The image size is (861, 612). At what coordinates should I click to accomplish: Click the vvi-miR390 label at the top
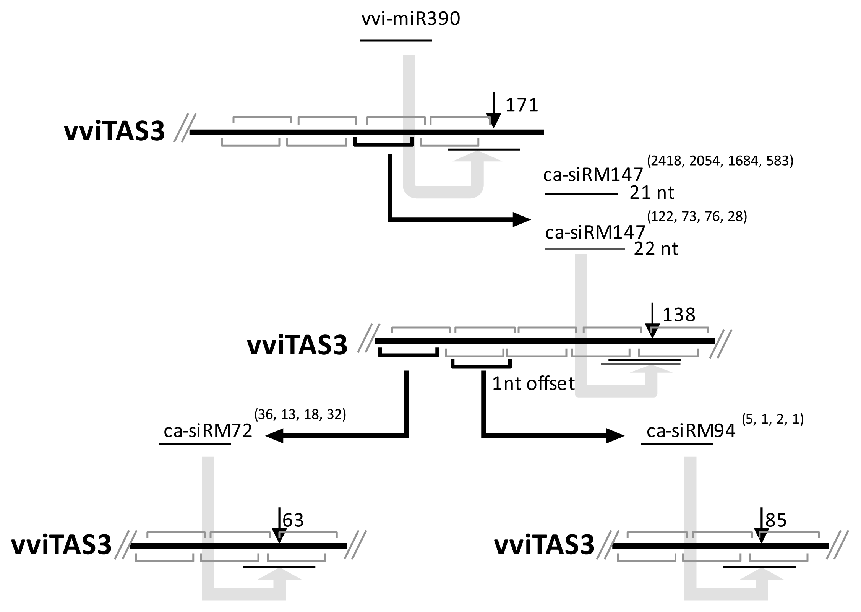[411, 19]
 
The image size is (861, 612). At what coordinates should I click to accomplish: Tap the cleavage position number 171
[522, 105]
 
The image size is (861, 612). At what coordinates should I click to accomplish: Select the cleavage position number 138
[679, 315]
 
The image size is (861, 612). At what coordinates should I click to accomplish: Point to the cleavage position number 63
[293, 520]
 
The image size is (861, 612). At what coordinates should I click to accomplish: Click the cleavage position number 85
[776, 520]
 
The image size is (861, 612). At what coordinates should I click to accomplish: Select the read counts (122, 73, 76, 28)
[697, 217]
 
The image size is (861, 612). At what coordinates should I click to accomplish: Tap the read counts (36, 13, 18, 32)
[300, 414]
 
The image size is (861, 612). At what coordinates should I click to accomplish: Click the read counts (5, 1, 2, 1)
[773, 419]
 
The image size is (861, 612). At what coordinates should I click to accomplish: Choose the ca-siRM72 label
[208, 431]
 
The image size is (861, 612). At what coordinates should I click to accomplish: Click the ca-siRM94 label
[691, 431]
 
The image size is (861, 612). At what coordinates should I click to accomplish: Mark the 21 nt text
[652, 193]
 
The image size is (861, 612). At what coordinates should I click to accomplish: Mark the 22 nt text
[656, 249]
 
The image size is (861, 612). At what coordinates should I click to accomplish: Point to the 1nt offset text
[533, 383]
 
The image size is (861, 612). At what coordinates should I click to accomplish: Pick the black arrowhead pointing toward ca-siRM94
[615, 436]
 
